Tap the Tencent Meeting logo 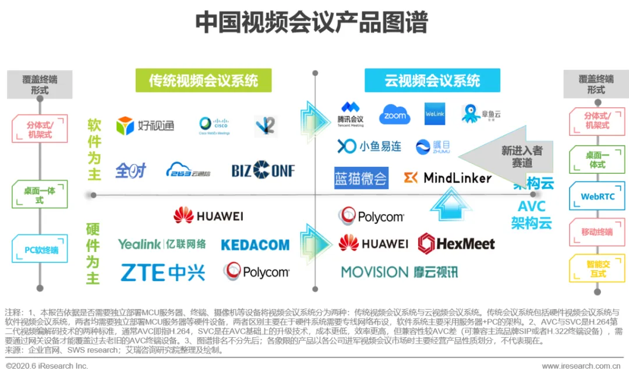pyautogui.click(x=351, y=114)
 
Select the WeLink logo pyautogui.click(x=435, y=114)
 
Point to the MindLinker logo pyautogui.click(x=448, y=177)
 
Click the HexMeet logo pyautogui.click(x=456, y=243)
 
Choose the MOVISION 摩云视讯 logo pyautogui.click(x=400, y=272)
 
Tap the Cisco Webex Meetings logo pyautogui.click(x=214, y=125)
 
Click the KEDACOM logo pyautogui.click(x=255, y=245)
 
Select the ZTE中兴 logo pyautogui.click(x=163, y=272)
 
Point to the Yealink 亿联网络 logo pyautogui.click(x=162, y=244)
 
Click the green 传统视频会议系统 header pyautogui.click(x=203, y=80)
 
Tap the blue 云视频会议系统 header pyautogui.click(x=432, y=80)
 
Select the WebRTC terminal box pyautogui.click(x=598, y=196)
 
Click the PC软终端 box pyautogui.click(x=41, y=250)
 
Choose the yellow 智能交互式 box pyautogui.click(x=598, y=268)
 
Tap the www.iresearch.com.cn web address pyautogui.click(x=581, y=366)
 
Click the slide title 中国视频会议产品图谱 pyautogui.click(x=312, y=23)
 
